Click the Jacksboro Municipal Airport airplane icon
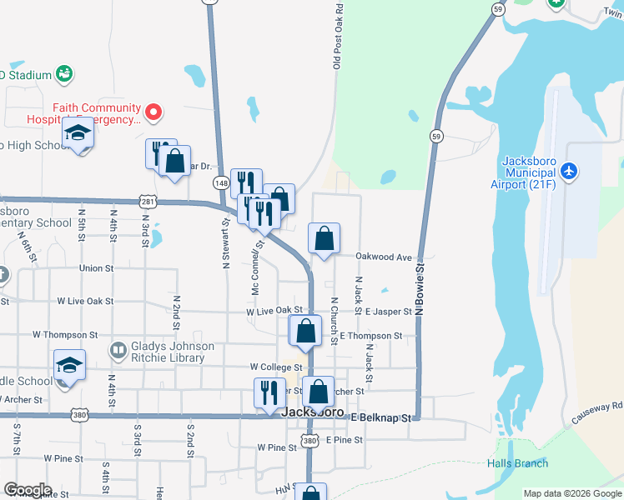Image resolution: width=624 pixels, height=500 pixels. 569,171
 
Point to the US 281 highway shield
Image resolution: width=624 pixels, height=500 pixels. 148,201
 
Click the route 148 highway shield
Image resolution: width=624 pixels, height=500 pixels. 220,182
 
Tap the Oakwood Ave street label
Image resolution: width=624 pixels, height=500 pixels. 385,257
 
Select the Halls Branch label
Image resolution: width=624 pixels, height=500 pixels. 518,463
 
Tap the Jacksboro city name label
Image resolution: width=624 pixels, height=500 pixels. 313,412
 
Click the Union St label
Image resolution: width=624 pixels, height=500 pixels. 96,268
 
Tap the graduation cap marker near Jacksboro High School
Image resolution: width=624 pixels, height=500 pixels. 78,134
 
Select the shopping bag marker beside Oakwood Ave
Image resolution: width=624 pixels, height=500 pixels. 324,238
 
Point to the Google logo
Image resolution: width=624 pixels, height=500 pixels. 28,490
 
